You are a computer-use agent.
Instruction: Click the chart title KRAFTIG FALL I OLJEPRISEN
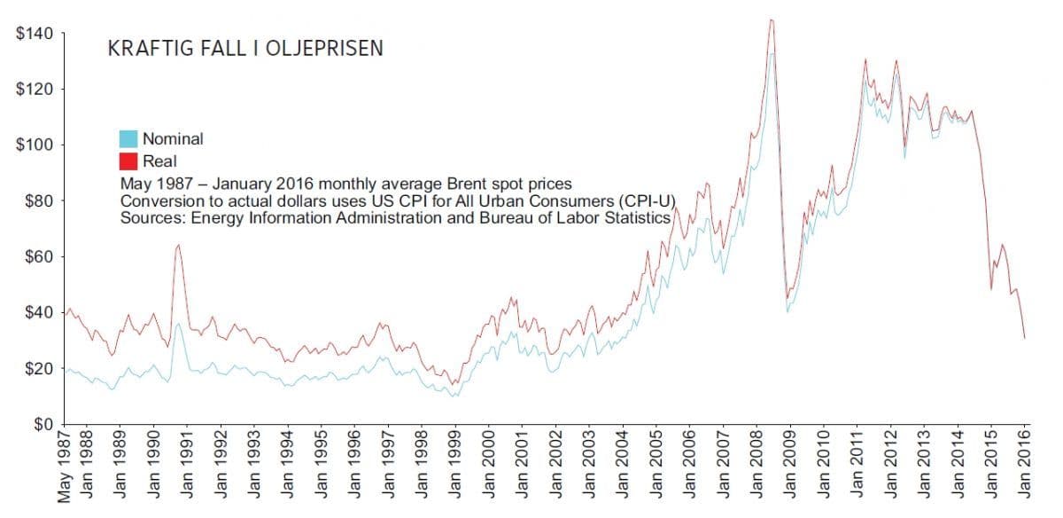click(245, 49)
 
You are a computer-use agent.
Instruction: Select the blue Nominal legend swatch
click(128, 138)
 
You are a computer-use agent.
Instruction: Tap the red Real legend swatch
click(128, 161)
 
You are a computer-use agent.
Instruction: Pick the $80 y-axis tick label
click(40, 201)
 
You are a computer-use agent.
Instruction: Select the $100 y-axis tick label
click(37, 145)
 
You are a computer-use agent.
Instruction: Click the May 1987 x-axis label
click(65, 468)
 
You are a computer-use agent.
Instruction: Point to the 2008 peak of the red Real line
click(772, 20)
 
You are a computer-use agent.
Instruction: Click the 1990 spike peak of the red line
click(178, 245)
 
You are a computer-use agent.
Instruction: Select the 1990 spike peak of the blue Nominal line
click(178, 324)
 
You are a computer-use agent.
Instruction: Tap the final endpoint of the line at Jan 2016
click(1025, 338)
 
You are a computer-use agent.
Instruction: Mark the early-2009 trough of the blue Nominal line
click(788, 311)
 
